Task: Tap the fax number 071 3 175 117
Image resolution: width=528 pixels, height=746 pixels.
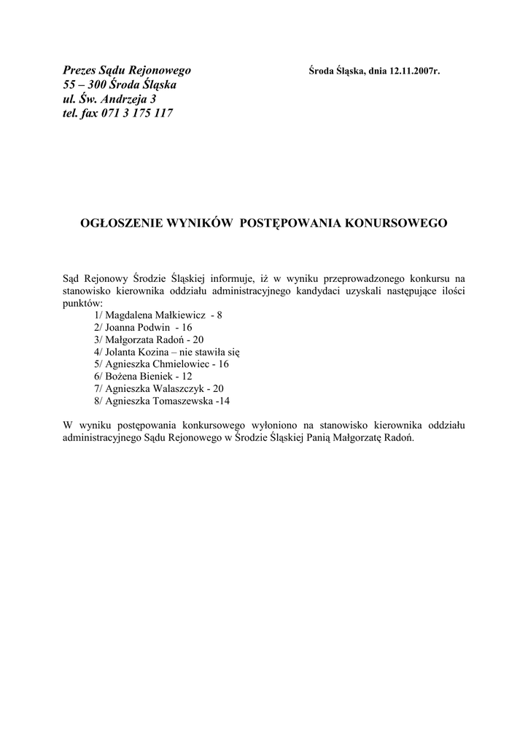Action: pos(134,113)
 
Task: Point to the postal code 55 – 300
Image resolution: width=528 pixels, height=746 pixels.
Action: pos(80,85)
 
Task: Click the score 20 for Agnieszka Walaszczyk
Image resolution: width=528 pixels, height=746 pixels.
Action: pos(218,388)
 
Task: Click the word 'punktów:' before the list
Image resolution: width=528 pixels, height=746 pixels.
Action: pos(82,302)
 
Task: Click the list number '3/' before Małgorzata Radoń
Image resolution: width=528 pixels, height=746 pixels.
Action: pos(99,339)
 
